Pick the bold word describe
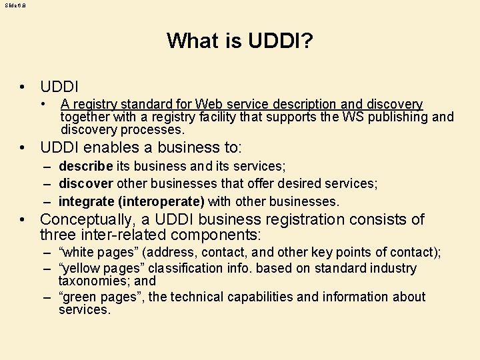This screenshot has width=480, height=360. (x=85, y=167)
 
